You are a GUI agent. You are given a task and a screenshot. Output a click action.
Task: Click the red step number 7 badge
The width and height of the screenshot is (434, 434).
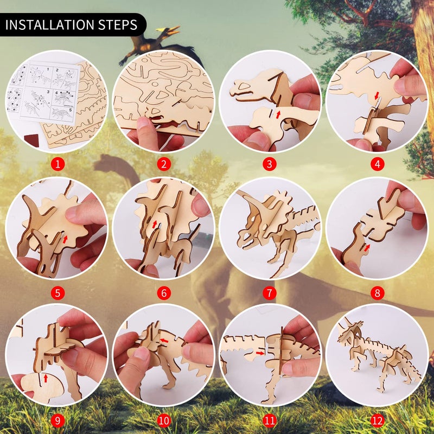[x=270, y=293]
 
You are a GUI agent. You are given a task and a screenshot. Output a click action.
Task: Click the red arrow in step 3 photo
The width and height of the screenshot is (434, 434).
[x=278, y=114]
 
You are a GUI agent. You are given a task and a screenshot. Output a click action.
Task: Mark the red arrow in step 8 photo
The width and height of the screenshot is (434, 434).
[x=368, y=247]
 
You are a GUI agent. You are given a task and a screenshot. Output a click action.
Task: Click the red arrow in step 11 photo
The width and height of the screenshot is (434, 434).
[x=260, y=353]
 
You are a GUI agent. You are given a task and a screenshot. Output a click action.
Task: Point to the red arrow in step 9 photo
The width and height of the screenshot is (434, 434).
[x=46, y=376]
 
